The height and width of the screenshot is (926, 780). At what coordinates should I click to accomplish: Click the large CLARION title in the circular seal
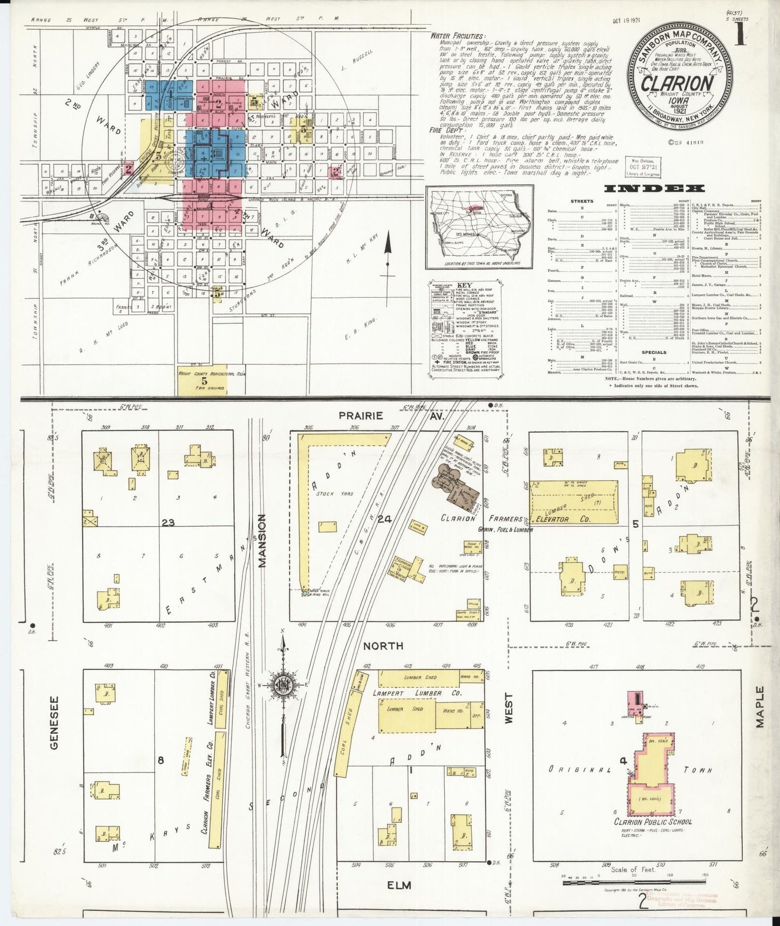point(677,84)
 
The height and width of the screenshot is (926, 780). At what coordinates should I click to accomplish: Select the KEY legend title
point(464,285)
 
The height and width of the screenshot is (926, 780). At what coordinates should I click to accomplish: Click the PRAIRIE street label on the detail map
point(361,415)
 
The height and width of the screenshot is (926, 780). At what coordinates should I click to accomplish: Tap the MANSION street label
point(262,541)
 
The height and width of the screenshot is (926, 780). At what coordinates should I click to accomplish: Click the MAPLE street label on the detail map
point(760,707)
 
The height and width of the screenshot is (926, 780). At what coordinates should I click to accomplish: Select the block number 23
point(168,522)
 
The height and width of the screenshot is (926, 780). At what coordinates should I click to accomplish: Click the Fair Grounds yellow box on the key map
point(202,380)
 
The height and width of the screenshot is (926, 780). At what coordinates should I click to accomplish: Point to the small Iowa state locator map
point(479,227)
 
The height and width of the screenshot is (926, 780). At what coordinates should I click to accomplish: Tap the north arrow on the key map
point(388,254)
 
